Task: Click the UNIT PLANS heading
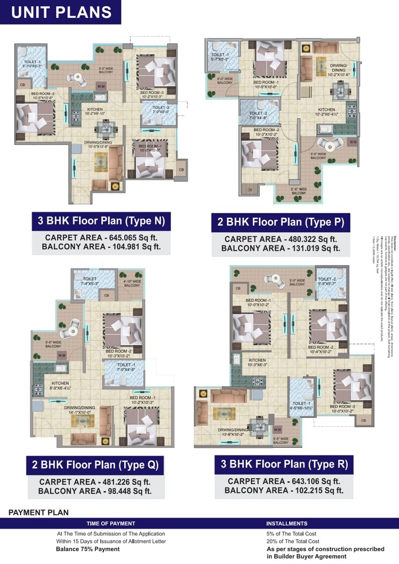point(61,12)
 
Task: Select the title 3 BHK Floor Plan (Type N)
point(101,220)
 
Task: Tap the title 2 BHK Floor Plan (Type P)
point(280,222)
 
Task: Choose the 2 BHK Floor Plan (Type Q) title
point(95,465)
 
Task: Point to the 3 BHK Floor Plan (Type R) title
point(284,464)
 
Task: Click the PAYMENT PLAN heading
point(39,513)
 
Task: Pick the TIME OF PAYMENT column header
point(111,523)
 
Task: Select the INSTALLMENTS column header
point(287,523)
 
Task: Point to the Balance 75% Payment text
point(88,549)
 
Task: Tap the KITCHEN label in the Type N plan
point(95,110)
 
